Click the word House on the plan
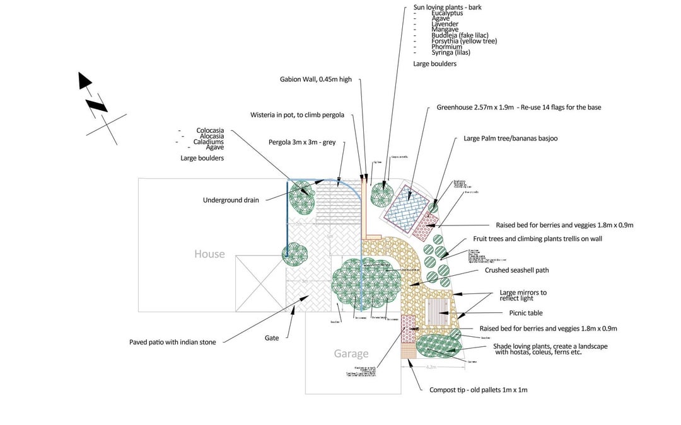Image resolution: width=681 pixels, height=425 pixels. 209,254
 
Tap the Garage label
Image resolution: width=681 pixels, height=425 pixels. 351,354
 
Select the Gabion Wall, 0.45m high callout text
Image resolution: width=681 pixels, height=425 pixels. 316,80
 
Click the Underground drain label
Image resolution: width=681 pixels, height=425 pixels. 231,200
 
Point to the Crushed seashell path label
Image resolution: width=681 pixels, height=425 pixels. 516,270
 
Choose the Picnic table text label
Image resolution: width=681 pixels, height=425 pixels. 525,313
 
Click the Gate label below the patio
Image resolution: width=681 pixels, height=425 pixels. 272,338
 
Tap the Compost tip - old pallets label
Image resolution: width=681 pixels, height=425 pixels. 478,390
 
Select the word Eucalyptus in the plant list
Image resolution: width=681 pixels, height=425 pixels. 447,13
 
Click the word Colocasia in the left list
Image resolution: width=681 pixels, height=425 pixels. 210,131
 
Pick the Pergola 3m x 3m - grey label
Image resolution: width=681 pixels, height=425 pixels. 302,143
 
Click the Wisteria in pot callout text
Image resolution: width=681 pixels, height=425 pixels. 297,115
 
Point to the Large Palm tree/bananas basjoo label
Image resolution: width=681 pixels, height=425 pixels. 510,139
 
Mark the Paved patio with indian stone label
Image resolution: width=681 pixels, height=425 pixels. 172,343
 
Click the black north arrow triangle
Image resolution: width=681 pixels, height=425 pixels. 84,80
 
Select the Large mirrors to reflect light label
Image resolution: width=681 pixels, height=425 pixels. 523,295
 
